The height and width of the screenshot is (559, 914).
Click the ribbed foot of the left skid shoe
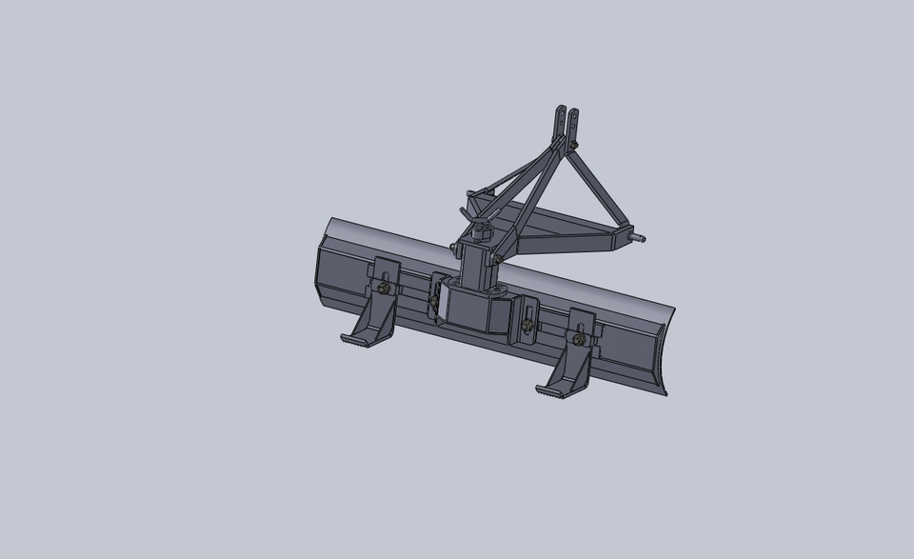pos(356,339)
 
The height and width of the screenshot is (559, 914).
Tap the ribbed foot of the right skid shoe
pos(552,390)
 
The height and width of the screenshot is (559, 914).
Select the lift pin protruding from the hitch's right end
pos(640,235)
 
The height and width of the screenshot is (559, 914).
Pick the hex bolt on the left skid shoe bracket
pos(383,289)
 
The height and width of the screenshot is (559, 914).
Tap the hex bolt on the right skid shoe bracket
pos(578,338)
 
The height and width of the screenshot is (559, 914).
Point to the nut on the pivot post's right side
pos(498,259)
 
